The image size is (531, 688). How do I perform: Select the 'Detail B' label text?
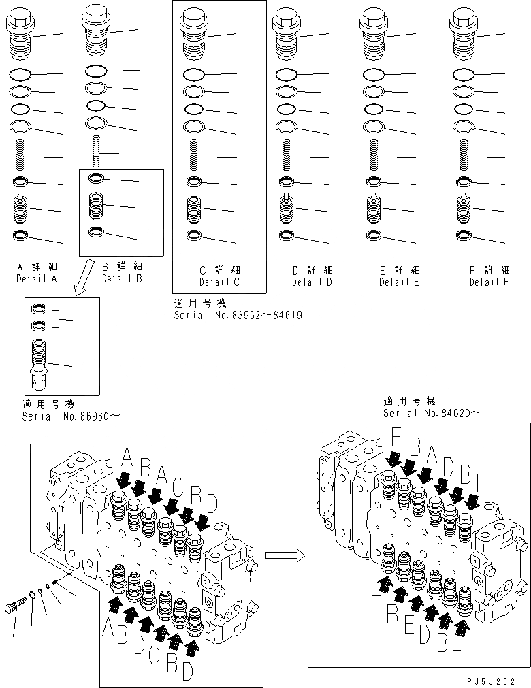(x=122, y=279)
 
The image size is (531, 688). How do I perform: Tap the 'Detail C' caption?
(x=219, y=282)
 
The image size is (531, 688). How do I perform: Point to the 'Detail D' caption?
(x=312, y=282)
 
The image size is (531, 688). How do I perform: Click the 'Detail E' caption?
(x=400, y=282)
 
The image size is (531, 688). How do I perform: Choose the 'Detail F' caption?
(x=488, y=282)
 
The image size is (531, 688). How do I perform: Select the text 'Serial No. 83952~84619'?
(x=238, y=316)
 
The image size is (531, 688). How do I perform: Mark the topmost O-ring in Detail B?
(x=96, y=70)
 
